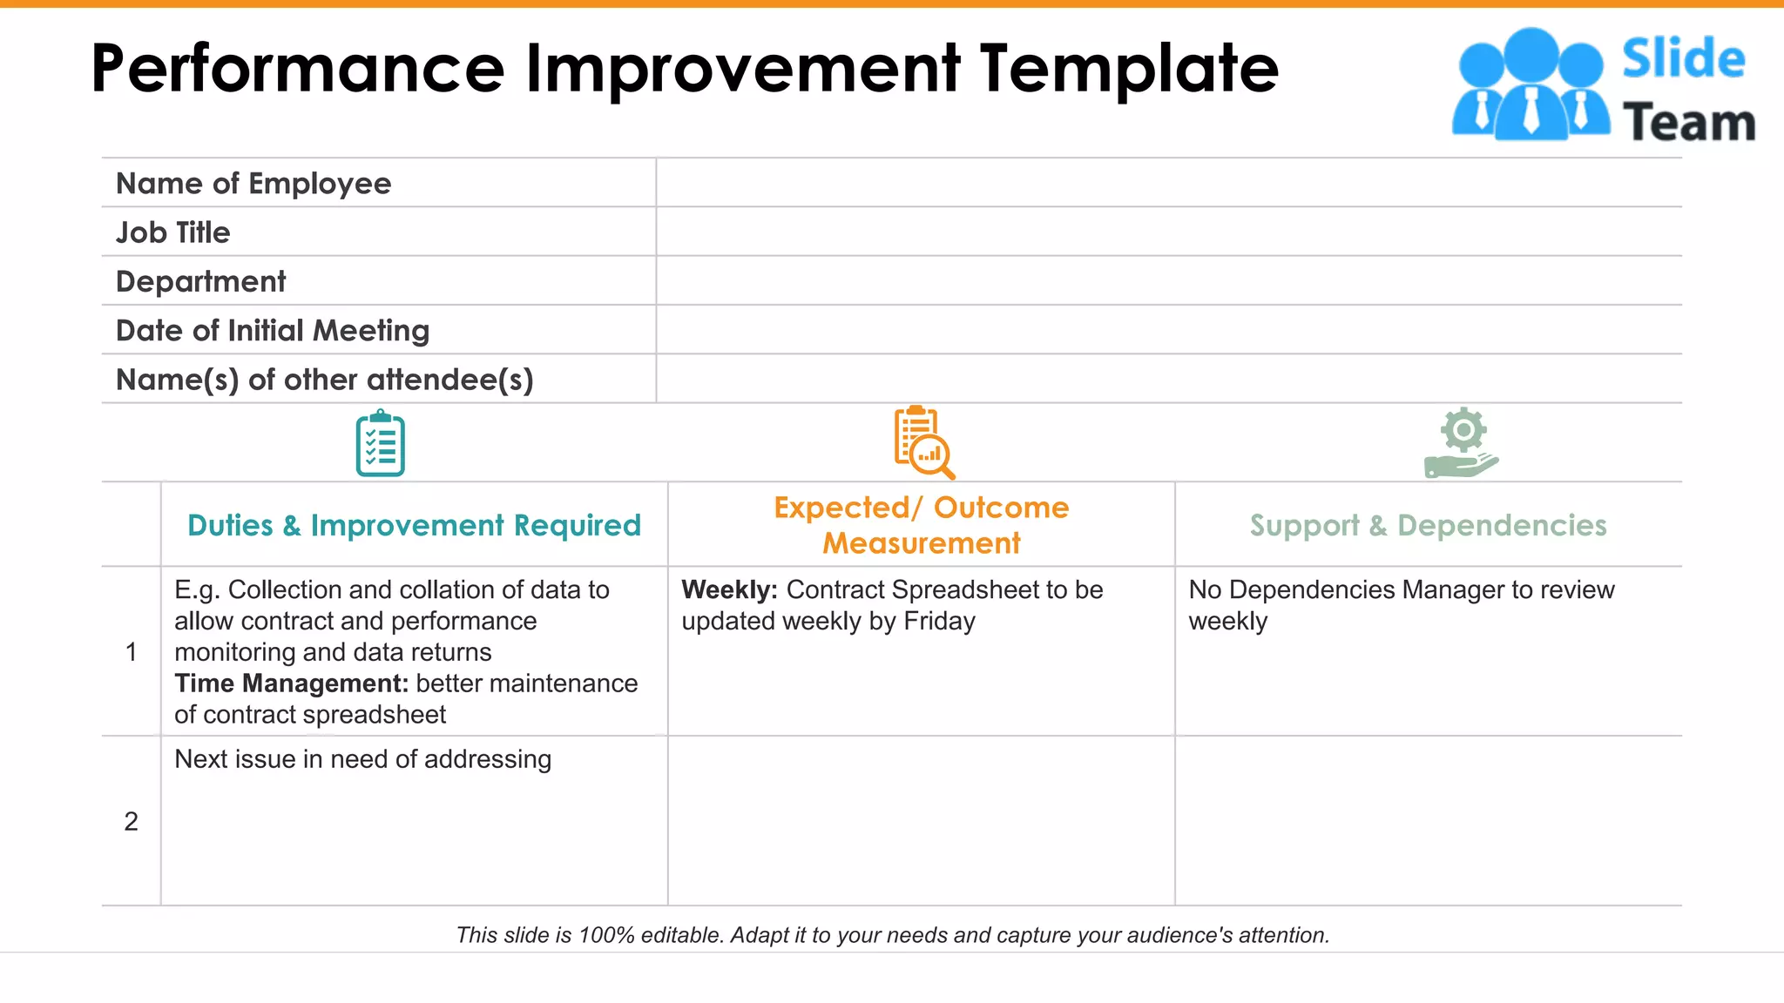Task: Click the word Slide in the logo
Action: tap(1683, 59)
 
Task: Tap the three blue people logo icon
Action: tap(1531, 85)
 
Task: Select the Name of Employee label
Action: tap(253, 184)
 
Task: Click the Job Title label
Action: tap(172, 232)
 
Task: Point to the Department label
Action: tap(200, 282)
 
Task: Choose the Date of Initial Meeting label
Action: tap(273, 331)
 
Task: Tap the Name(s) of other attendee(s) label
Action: tap(324, 380)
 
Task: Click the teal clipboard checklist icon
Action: tap(381, 445)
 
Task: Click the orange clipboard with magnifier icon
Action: tap(922, 442)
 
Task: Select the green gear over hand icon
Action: tap(1462, 443)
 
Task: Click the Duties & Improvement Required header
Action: tap(414, 526)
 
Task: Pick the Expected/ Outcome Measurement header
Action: tap(922, 525)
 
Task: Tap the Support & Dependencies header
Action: tap(1428, 526)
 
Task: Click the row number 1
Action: tap(131, 652)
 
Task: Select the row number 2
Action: tap(131, 821)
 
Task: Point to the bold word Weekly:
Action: tap(729, 590)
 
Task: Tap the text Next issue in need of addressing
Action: tap(362, 759)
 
